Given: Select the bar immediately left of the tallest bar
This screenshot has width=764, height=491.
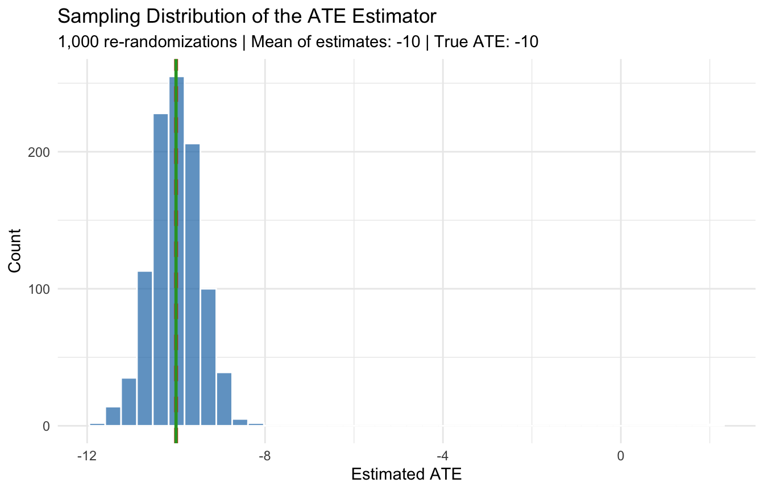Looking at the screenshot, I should [x=161, y=273].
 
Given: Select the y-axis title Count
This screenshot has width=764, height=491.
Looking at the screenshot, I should [x=16, y=251].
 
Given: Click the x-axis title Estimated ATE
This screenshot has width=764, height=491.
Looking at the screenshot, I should [x=406, y=475].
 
